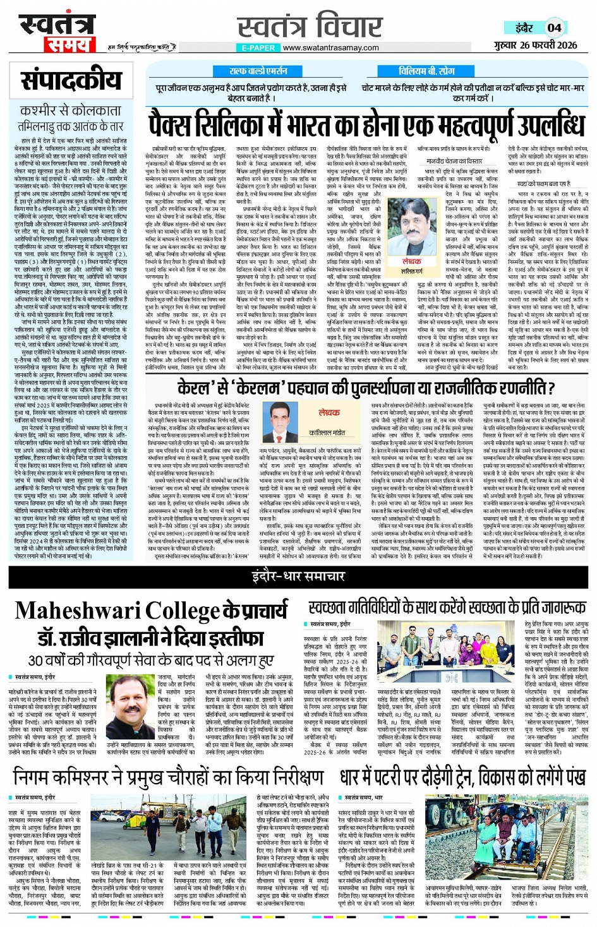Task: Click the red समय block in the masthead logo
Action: [68, 44]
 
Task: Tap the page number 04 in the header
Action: [554, 27]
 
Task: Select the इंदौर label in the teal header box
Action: [524, 27]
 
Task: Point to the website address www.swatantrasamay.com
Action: [330, 47]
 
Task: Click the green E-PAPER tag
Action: [258, 47]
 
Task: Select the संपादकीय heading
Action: [71, 81]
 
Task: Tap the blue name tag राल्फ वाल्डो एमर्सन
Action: [258, 71]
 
